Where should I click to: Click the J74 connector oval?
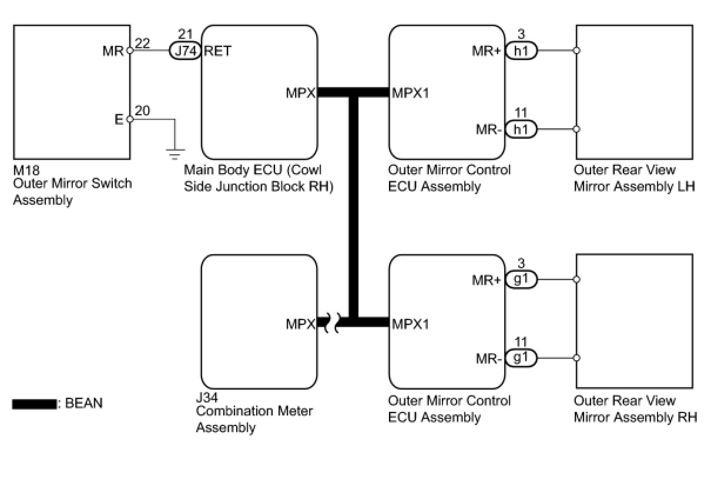[185, 51]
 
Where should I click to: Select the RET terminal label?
[217, 51]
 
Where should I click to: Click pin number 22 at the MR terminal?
[142, 42]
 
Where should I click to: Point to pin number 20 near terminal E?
[142, 111]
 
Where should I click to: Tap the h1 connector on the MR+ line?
[521, 51]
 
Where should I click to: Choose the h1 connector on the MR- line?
[521, 129]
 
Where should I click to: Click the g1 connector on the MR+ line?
[521, 280]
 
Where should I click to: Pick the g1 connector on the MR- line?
[521, 358]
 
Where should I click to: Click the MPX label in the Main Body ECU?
[301, 93]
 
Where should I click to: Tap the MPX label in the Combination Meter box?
[301, 324]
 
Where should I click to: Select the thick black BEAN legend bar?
[35, 404]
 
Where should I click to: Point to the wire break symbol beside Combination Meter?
[331, 323]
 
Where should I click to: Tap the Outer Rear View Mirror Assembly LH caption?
[633, 178]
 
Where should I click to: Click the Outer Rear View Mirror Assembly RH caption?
[635, 409]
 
